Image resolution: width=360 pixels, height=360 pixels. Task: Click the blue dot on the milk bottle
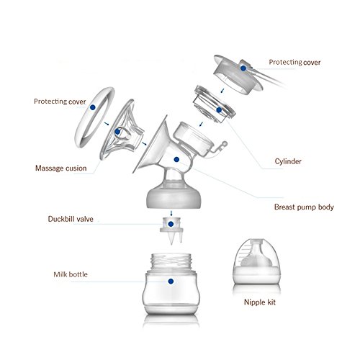point(171,282)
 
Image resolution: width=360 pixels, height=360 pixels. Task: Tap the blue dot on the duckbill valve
point(171,224)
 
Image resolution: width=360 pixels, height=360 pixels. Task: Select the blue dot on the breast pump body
point(176,159)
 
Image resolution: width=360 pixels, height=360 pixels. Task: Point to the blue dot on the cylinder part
point(219,110)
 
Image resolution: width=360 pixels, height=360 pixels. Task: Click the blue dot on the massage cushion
point(117,132)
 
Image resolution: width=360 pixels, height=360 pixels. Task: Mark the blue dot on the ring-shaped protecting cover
point(93,107)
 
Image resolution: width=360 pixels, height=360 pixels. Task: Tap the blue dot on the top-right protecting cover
point(243,68)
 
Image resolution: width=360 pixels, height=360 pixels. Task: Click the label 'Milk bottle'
point(71,274)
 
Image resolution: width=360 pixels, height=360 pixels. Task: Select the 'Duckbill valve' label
point(71,219)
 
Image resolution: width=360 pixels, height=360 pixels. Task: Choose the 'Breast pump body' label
point(304,207)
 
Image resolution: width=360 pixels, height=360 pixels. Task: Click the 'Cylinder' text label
point(288,161)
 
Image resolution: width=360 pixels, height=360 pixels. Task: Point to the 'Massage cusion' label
point(61,168)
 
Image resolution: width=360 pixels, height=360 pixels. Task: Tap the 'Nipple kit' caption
point(260,302)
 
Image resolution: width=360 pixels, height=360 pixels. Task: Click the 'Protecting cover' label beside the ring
point(60,102)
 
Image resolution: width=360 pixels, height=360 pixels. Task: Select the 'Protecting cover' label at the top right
point(294,63)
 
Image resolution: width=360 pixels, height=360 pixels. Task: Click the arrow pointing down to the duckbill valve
point(171,213)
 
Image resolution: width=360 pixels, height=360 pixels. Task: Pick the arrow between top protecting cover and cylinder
point(222,91)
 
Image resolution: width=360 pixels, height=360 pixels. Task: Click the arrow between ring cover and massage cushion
point(107,124)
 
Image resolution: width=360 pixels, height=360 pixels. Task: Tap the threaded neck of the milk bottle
point(171,261)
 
